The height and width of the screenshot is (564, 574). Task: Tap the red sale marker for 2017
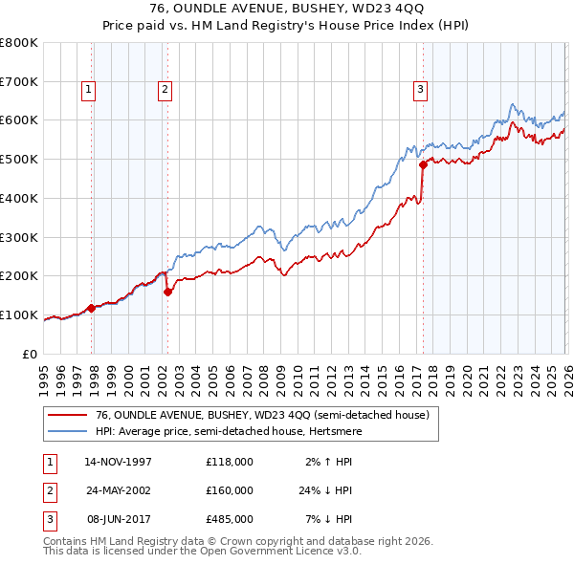(x=423, y=164)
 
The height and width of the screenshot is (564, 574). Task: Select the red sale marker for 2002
(x=168, y=292)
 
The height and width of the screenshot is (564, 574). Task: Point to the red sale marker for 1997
(x=92, y=308)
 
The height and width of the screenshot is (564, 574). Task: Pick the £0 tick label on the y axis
(x=31, y=354)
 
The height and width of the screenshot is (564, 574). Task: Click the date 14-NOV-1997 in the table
(x=119, y=462)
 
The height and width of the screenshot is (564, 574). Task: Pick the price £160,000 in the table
(x=230, y=490)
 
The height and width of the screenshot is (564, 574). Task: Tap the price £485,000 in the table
(x=230, y=519)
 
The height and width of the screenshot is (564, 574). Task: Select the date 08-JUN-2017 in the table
(x=119, y=519)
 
